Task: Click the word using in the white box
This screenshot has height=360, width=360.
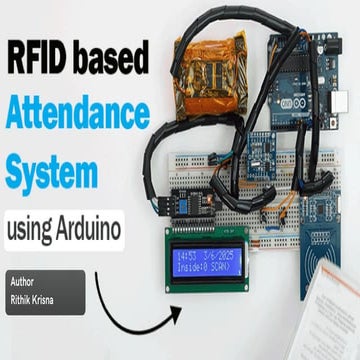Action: click(32, 229)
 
